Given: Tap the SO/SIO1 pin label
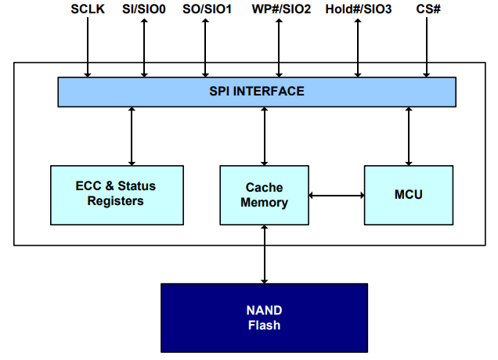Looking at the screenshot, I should pyautogui.click(x=206, y=9).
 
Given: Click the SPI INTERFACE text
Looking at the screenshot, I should pyautogui.click(x=257, y=92).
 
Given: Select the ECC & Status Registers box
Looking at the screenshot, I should pyautogui.click(x=116, y=193).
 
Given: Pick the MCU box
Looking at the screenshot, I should pyautogui.click(x=408, y=194).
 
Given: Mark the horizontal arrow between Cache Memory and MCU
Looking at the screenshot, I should pyautogui.click(x=337, y=195).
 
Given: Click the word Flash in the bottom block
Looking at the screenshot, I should pyautogui.click(x=264, y=326).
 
